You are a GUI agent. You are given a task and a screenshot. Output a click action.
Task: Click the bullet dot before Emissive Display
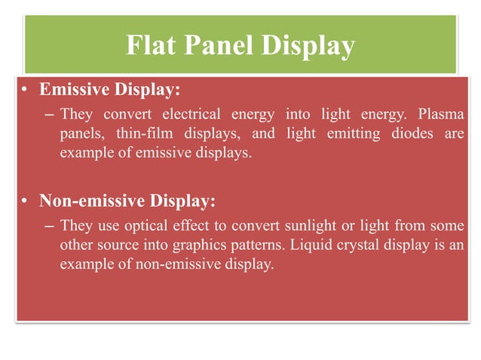point(25,91)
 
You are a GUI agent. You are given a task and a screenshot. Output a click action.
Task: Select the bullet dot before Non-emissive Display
point(25,201)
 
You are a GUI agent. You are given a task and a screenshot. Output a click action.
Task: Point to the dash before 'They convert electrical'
point(49,114)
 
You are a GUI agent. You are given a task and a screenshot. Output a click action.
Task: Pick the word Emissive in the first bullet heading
point(74,91)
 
